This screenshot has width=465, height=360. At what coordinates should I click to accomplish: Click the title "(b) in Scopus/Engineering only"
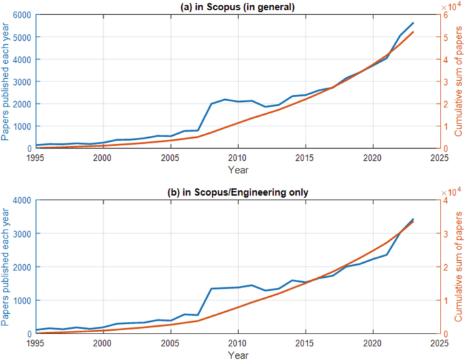click(238, 192)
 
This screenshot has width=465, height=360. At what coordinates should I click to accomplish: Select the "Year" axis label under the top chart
click(238, 169)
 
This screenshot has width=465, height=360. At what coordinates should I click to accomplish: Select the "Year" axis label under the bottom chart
click(238, 354)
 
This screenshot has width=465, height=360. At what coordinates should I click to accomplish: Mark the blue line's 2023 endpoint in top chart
click(413, 23)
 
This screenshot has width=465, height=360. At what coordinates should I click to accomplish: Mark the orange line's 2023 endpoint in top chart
click(413, 33)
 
